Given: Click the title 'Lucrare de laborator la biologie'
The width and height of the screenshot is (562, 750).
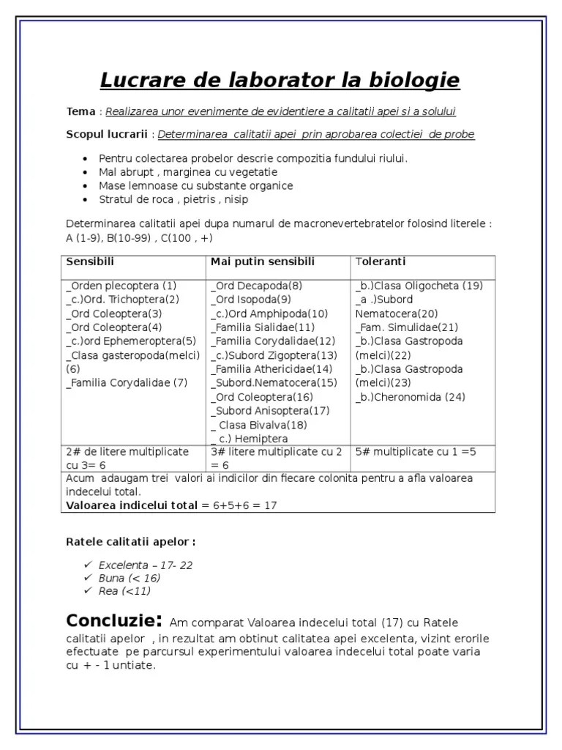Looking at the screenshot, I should pos(279,80).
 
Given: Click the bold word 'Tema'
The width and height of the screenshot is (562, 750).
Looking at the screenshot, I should pos(80,111).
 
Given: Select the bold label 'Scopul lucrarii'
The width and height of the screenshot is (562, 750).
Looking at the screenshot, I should pos(107,134).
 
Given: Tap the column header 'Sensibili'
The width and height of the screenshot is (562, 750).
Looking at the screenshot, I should pos(90,261).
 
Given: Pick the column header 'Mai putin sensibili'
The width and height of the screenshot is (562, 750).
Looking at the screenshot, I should pos(263,261).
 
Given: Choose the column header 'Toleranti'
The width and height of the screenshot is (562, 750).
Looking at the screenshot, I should pos(381,261).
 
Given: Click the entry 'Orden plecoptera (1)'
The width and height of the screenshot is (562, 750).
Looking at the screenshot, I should pos(121,286).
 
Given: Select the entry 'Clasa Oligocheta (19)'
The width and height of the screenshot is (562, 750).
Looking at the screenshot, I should pos(419,286).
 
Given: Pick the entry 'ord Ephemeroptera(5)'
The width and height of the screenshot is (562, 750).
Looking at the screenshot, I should pos(132,341).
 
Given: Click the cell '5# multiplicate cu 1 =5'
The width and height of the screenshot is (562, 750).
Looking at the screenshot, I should pos(416,452).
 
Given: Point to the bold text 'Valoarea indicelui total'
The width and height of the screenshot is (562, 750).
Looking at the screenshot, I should pos(132,505).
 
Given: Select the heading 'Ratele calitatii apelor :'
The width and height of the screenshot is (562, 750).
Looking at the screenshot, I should pos(131,542).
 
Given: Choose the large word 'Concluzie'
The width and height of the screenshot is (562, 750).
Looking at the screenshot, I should pos(110,621).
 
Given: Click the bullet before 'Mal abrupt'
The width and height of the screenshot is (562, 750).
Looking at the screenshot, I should pos(86,172).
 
